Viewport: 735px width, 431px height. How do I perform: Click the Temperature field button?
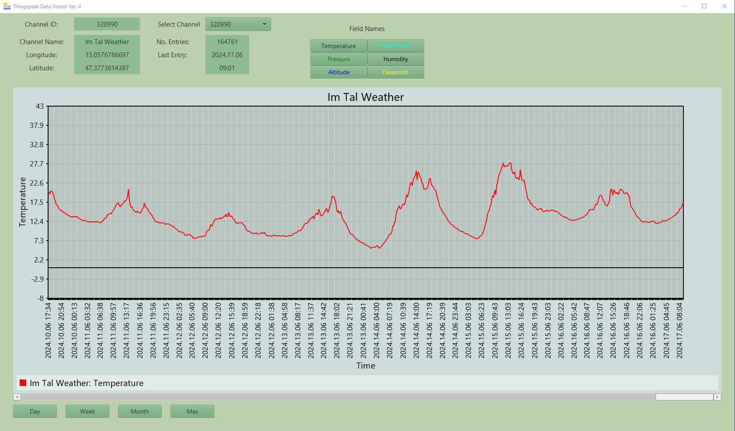[x=338, y=46]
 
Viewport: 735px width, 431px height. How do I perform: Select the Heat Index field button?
[x=396, y=46]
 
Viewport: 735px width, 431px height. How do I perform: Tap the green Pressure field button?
[x=338, y=59]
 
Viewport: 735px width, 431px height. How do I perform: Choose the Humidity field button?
[x=396, y=59]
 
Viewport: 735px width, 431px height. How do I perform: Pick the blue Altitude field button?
[x=338, y=72]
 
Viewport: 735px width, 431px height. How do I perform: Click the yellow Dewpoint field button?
[x=396, y=72]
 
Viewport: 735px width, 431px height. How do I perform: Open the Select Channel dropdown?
[x=238, y=24]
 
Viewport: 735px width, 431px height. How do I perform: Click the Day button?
[x=35, y=411]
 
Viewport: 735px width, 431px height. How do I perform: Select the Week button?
[x=87, y=411]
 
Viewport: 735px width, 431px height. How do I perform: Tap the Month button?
[x=140, y=411]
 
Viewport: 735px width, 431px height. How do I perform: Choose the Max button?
[x=192, y=411]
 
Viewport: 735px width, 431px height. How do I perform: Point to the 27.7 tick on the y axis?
[x=37, y=164]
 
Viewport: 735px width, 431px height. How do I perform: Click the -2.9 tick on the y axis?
[x=37, y=279]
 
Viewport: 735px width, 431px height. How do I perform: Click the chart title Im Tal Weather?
[x=366, y=97]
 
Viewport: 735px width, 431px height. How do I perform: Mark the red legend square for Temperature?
[x=23, y=383]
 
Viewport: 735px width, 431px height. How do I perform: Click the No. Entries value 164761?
[x=227, y=42]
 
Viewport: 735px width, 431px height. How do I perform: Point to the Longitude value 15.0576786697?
[x=107, y=55]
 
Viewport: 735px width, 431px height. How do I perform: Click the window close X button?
[x=725, y=6]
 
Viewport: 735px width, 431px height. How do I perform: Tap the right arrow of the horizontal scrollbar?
[x=717, y=397]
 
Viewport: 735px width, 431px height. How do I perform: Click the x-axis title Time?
[x=366, y=365]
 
